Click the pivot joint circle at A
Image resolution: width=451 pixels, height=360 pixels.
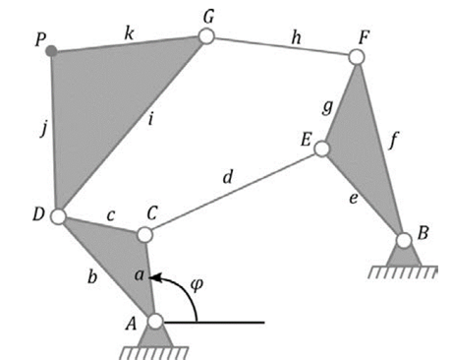pyautogui.click(x=155, y=322)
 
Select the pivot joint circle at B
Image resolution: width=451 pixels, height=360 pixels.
pyautogui.click(x=403, y=239)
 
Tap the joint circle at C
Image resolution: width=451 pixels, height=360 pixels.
pyautogui.click(x=144, y=235)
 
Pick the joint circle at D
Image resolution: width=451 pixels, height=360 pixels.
pyautogui.click(x=58, y=216)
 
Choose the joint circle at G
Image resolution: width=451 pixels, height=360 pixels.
pyautogui.click(x=206, y=37)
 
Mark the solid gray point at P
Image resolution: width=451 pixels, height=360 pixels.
pyautogui.click(x=51, y=50)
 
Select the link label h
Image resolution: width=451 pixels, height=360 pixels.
pyautogui.click(x=295, y=36)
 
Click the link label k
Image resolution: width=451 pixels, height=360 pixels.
pyautogui.click(x=128, y=32)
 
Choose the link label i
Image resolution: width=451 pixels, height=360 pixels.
pyautogui.click(x=150, y=121)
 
